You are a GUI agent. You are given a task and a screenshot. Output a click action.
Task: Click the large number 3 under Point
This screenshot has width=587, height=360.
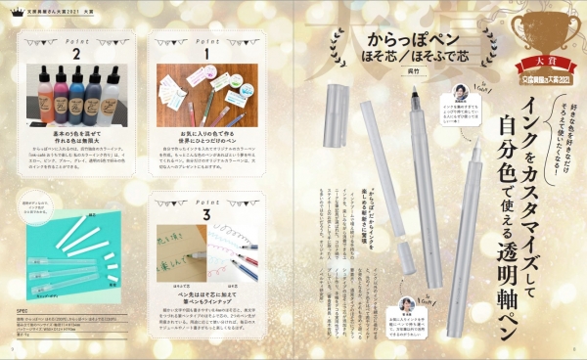click(205, 213)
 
